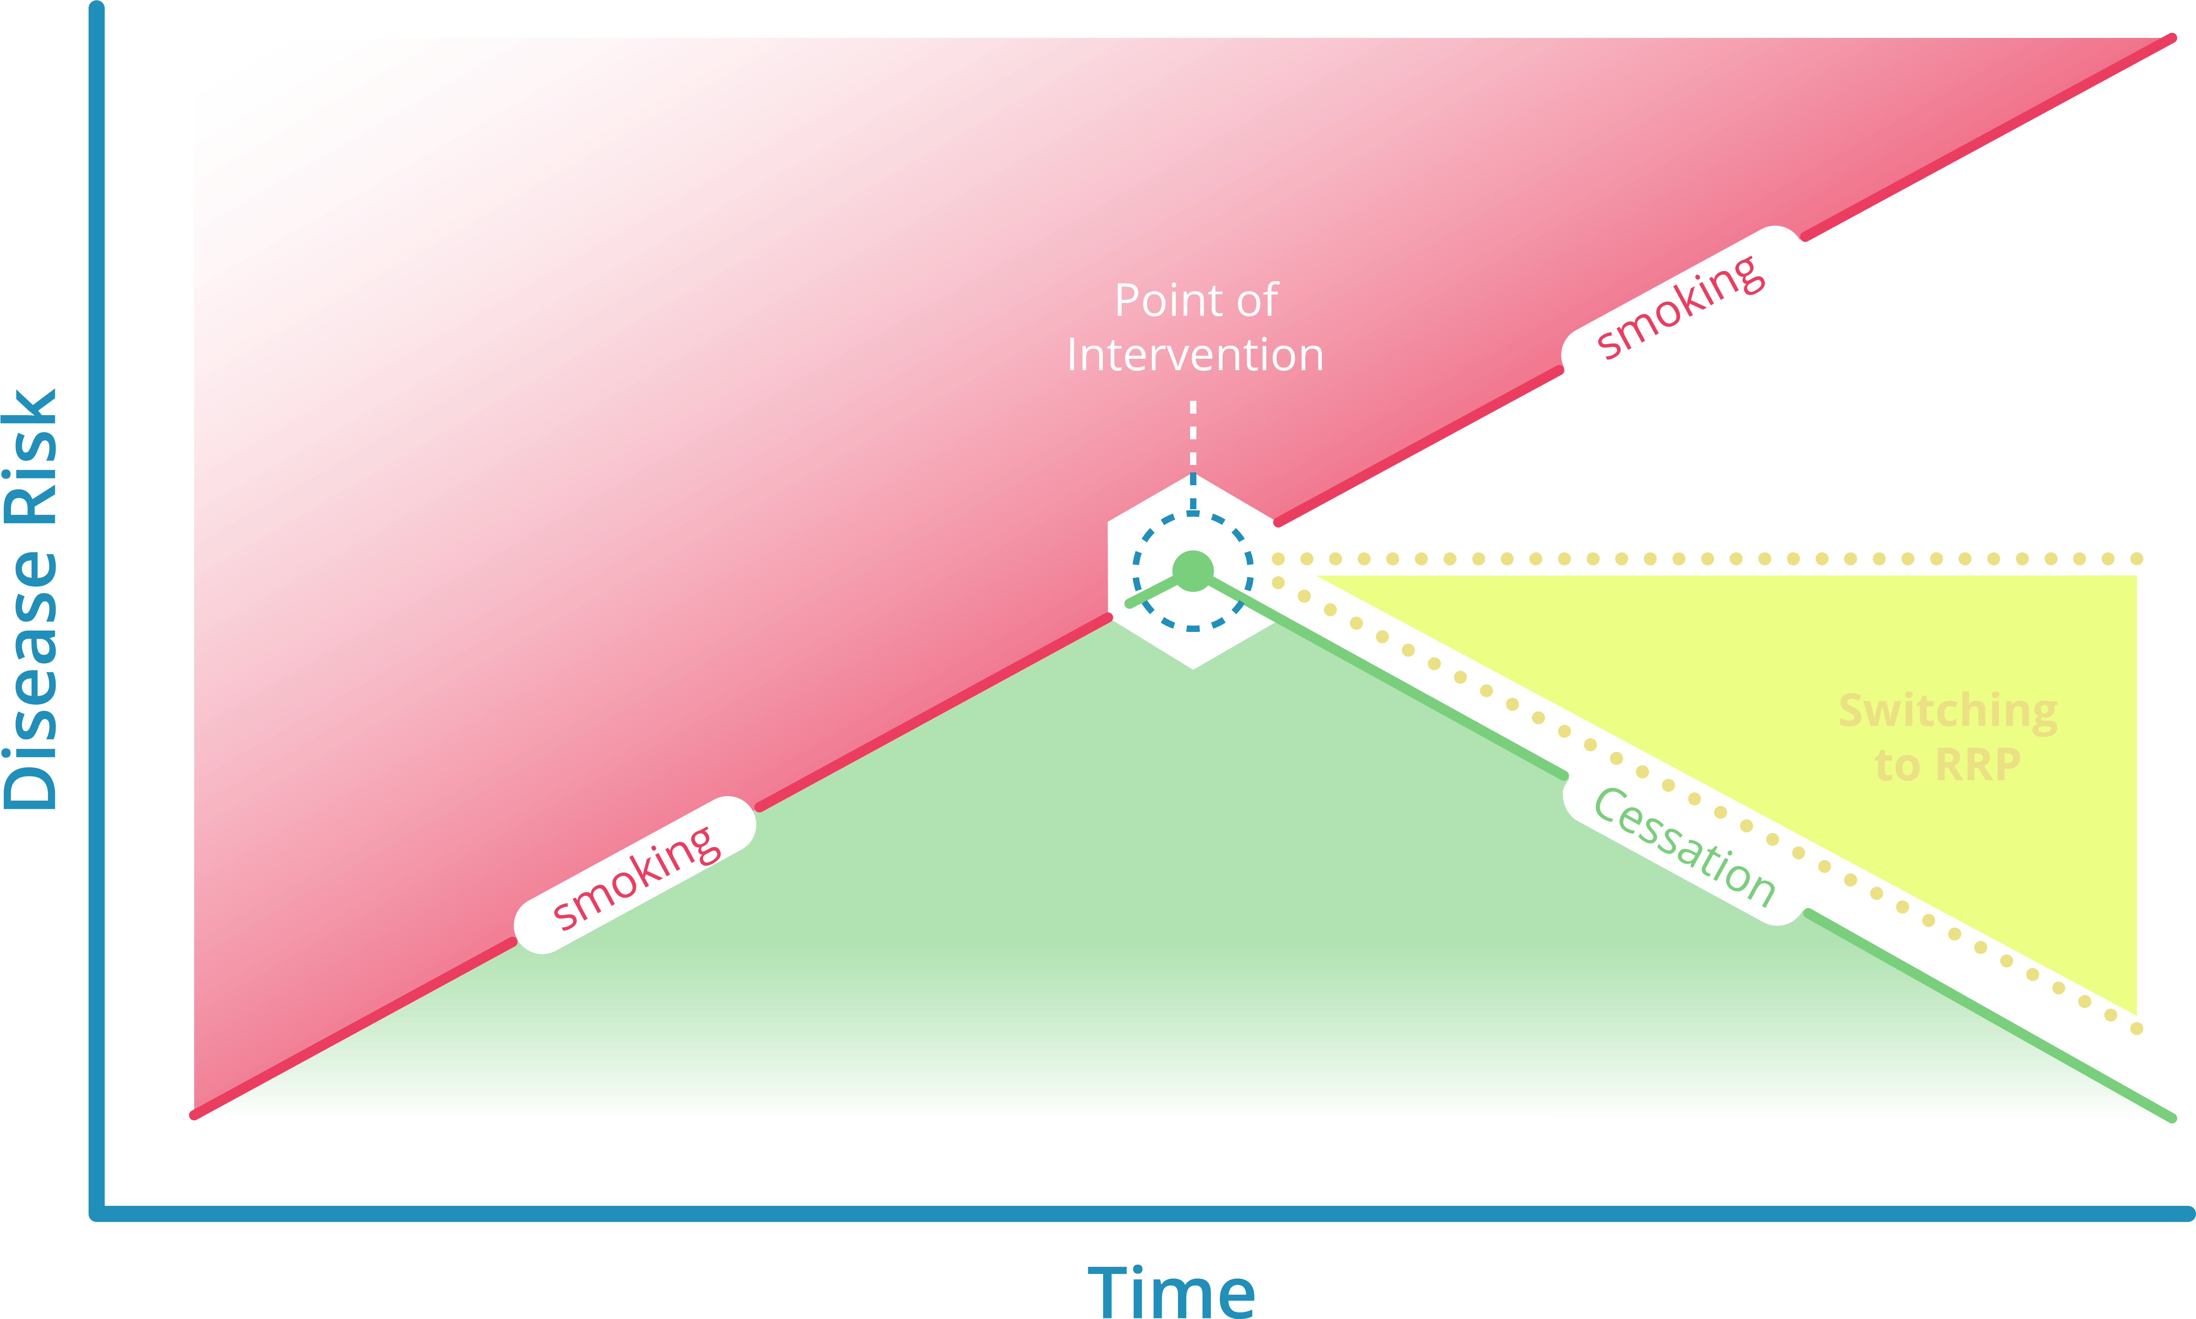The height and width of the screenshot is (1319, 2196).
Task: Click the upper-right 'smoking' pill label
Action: point(1682,305)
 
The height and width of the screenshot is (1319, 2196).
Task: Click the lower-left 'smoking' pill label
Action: point(635,876)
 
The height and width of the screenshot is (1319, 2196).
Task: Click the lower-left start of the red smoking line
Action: point(196,1115)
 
